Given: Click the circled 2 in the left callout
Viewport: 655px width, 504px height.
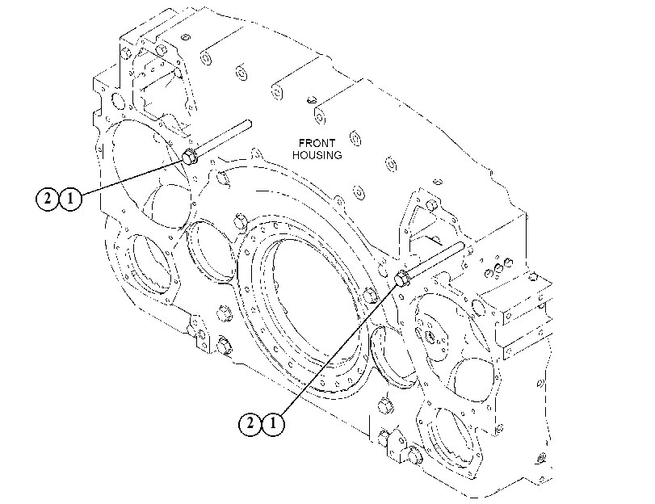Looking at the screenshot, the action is [47, 199].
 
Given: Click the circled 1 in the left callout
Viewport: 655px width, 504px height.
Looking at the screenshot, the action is [70, 199].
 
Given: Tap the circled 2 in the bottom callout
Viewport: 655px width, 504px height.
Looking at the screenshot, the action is [250, 424].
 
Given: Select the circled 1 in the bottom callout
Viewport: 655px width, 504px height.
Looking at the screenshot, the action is [273, 424].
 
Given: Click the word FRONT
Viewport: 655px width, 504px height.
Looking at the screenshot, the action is [317, 143].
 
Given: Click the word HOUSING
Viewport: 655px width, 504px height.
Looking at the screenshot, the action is [317, 155].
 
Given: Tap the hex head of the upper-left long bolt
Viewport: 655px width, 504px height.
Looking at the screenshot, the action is [190, 157].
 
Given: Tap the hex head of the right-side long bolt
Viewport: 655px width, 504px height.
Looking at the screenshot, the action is [402, 278].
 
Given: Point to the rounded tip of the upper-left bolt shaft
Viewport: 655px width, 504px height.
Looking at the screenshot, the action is [250, 123].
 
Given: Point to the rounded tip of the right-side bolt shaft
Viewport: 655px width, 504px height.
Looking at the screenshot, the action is [462, 245].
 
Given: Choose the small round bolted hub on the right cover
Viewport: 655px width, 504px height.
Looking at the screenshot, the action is [430, 334].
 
